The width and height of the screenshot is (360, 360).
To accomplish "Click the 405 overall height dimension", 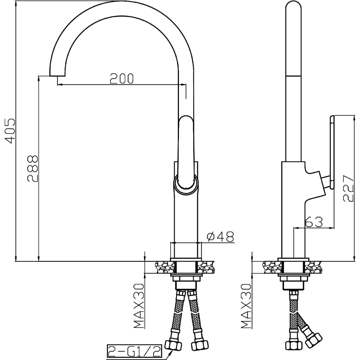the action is click(10, 131).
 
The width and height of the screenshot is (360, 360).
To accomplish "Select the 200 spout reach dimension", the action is click(121, 78).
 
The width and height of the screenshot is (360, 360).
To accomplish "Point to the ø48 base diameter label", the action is click(220, 237).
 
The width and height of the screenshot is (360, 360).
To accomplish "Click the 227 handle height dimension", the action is click(348, 189).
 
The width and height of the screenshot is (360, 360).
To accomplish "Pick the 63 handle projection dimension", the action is click(314, 222).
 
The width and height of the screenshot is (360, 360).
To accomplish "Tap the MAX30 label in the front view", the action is click(139, 306).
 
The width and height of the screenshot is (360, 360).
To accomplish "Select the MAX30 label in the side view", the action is click(246, 306).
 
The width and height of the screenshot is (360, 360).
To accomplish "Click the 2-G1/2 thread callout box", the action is click(135, 351).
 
